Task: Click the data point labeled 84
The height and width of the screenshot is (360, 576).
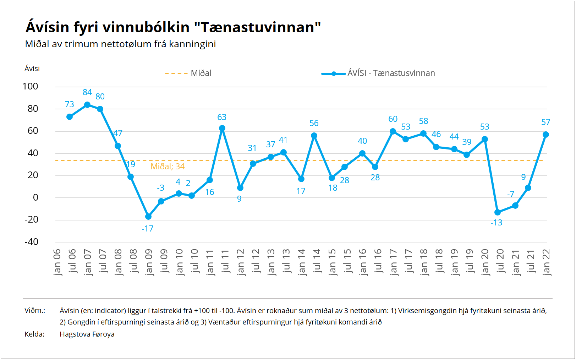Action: point(87,105)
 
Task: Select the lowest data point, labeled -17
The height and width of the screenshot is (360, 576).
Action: point(148,217)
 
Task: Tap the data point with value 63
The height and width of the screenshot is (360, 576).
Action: point(222,128)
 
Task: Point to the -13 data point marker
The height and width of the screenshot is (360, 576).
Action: point(498,212)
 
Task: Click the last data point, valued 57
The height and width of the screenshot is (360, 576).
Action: point(546,135)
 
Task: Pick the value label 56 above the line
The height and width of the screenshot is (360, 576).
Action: point(314,123)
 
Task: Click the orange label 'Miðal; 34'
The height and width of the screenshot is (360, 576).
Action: point(168,167)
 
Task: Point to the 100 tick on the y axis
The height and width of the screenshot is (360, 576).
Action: point(30,86)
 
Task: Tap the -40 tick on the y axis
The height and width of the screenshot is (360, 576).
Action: point(31,242)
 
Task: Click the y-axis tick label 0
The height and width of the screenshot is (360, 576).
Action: point(35,197)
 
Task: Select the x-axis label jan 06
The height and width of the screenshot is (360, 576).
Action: point(57,262)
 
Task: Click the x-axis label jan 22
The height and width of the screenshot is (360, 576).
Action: point(547,262)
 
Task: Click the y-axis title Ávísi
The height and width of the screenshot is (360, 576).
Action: point(32,69)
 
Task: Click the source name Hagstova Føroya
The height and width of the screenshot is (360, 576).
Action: point(87,334)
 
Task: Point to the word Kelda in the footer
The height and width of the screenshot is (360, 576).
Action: point(34,334)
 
